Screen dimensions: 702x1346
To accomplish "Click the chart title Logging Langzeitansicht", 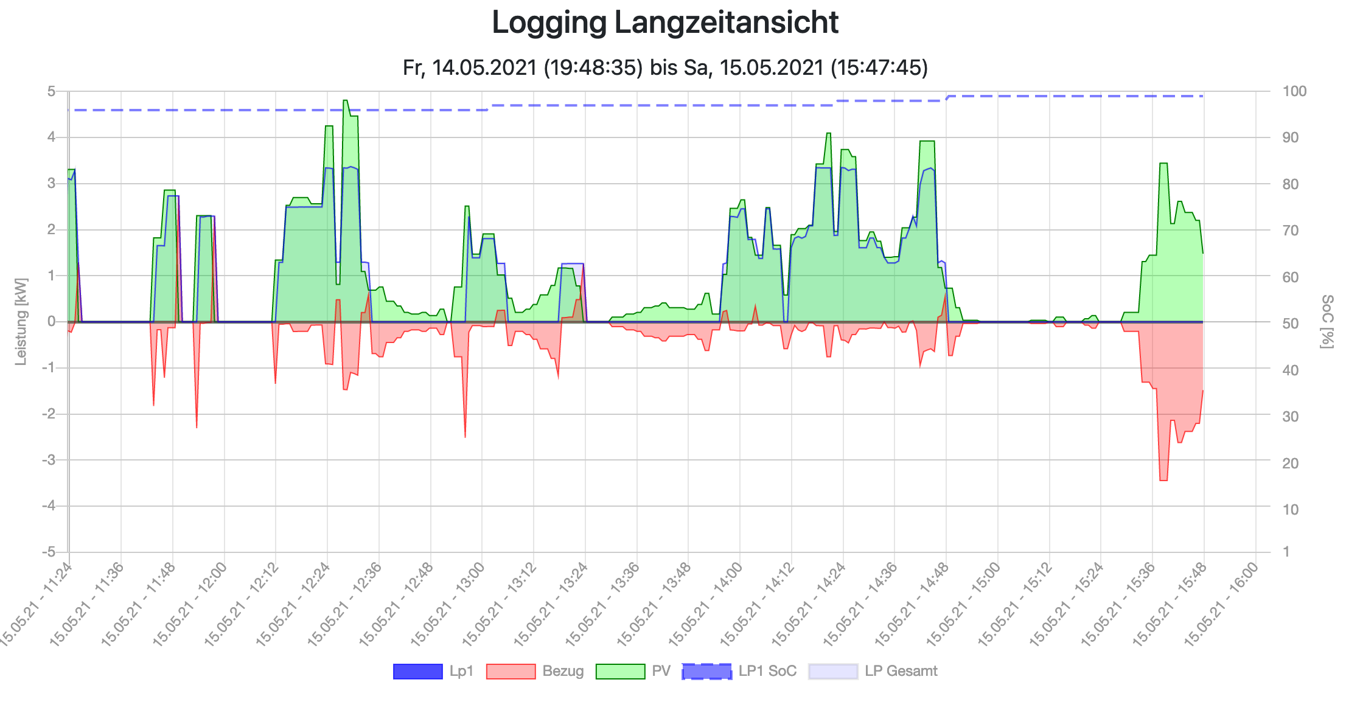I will (x=665, y=23).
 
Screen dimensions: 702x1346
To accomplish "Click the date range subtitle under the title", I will (x=665, y=67).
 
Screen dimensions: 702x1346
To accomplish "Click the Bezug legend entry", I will (x=535, y=671).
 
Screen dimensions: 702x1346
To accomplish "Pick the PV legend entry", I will (x=633, y=671).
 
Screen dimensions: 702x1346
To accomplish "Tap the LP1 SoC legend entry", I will (x=739, y=671).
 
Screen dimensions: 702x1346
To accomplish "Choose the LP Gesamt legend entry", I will (x=873, y=671).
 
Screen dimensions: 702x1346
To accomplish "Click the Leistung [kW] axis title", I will (x=21, y=322).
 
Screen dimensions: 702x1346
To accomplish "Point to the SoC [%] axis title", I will (x=1327, y=322).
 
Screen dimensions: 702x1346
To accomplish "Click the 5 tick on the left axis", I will (x=52, y=91).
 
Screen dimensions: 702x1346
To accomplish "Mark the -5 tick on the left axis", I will (x=49, y=552).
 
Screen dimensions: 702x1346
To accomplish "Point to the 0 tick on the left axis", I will (x=52, y=322).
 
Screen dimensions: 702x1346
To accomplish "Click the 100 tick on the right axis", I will (x=1294, y=91).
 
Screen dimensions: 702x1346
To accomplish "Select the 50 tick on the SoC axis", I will (x=1291, y=324).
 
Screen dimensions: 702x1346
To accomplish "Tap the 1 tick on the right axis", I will (x=1286, y=552).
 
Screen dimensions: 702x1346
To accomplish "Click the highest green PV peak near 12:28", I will (x=345, y=101).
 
